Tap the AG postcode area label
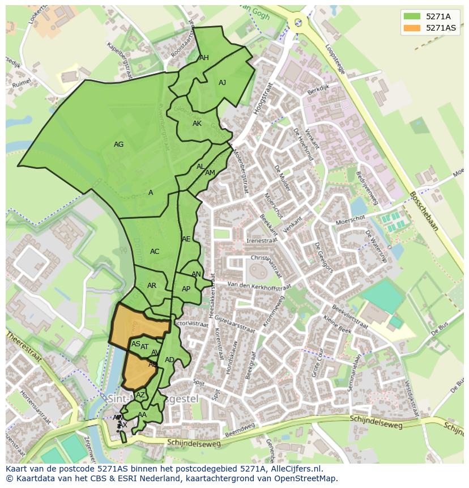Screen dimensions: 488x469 coord(118,145)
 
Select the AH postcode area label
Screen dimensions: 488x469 coord(204,58)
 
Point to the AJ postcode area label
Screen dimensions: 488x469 coord(222,83)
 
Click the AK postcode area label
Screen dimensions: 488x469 coord(197,124)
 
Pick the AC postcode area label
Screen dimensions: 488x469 coord(155,252)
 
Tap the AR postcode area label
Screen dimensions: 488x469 coord(152,286)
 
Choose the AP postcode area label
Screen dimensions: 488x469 coord(186,289)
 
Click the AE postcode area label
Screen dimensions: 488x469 coord(186,239)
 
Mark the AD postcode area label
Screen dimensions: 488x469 coord(169,360)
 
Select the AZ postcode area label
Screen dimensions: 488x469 coord(140,395)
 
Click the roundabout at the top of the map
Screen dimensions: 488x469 coord(297,23)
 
